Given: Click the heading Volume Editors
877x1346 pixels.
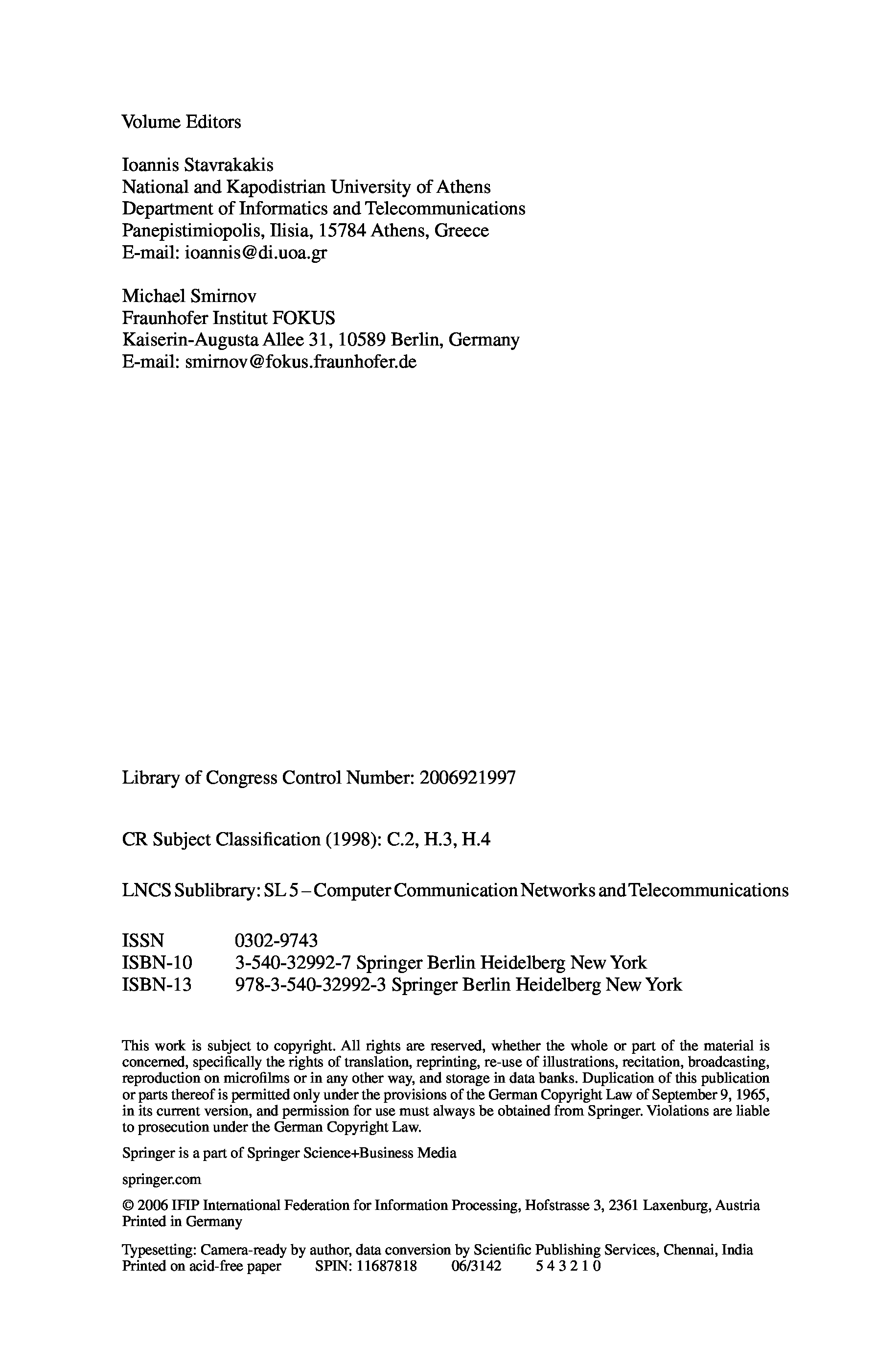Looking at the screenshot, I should pos(181,122).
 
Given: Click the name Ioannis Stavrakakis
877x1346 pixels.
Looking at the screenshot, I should pos(197,165).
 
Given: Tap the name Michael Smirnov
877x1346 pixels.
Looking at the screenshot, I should pos(189,296).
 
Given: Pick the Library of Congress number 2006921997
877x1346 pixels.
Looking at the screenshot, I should pos(468,778).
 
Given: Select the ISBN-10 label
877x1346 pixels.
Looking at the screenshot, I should pos(157,963).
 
